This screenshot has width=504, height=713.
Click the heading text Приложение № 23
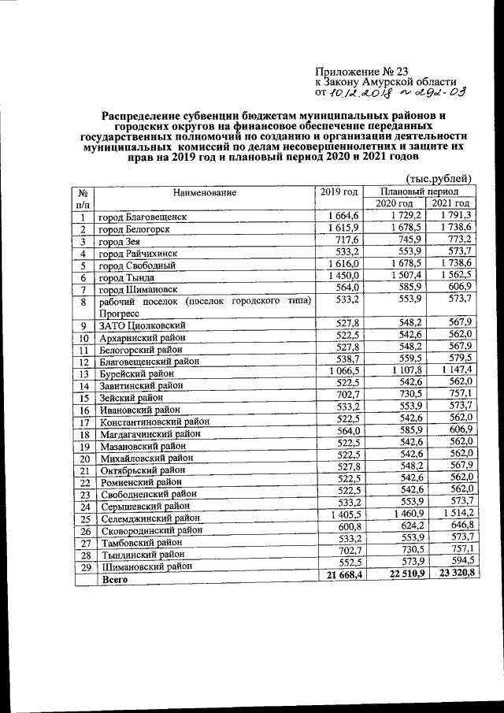(360, 71)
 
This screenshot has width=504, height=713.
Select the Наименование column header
(205, 191)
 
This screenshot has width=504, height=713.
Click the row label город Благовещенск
(143, 217)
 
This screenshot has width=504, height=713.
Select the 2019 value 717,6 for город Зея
(346, 240)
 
